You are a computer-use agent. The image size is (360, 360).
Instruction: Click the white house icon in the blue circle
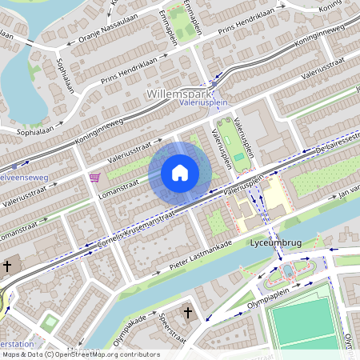coord(180,172)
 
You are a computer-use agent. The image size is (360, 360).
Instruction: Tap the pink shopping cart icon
coord(95,178)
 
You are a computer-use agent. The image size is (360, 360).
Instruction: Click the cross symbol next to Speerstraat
coord(188,312)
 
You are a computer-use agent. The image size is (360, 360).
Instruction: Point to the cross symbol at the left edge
coord(7,266)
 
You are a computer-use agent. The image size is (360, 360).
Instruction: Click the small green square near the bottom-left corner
coord(50,323)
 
